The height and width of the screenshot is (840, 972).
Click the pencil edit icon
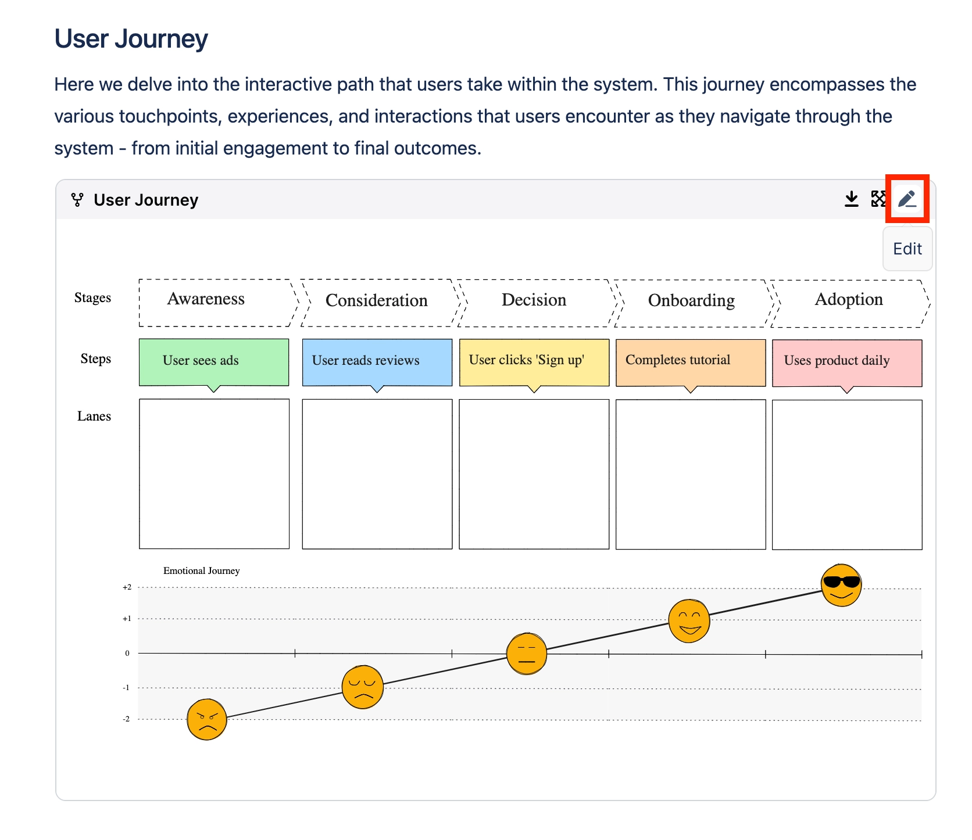click(x=907, y=199)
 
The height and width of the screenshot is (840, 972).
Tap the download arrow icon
click(x=851, y=199)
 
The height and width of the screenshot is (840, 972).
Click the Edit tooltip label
click(x=907, y=249)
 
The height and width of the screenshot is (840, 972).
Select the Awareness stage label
click(x=206, y=299)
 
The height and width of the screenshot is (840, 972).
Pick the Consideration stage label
click(x=376, y=300)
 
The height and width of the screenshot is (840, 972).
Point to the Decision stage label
click(x=534, y=300)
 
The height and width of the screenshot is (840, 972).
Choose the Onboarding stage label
click(x=691, y=300)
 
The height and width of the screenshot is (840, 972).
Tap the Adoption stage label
click(x=848, y=299)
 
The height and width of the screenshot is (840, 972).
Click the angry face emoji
click(x=206, y=719)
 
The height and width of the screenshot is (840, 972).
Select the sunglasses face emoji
click(x=841, y=585)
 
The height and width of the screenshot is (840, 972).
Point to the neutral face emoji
click(x=526, y=654)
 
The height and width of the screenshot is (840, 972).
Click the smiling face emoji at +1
click(x=689, y=621)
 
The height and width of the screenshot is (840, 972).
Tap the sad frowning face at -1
click(x=362, y=687)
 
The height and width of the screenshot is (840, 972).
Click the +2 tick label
click(x=127, y=587)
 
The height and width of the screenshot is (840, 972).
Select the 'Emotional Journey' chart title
click(x=201, y=570)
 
